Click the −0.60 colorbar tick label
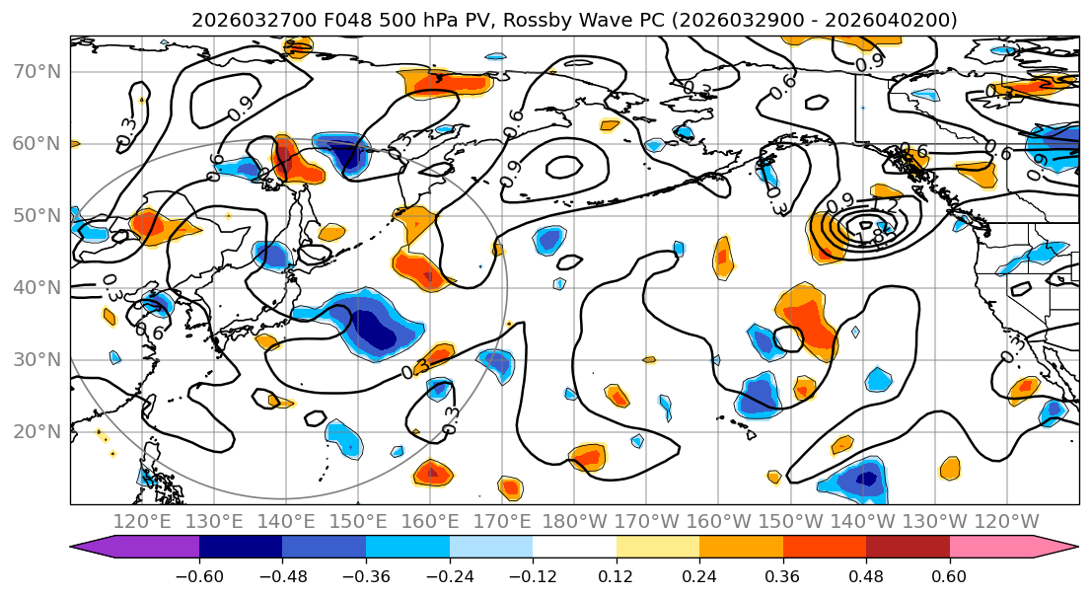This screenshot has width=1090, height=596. [x=199, y=576]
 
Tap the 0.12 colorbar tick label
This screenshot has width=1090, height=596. [x=617, y=576]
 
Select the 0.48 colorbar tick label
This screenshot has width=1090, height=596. [x=866, y=576]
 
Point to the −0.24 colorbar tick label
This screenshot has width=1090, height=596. [x=450, y=576]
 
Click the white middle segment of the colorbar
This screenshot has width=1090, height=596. [x=574, y=548]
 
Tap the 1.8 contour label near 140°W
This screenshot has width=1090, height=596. [x=870, y=237]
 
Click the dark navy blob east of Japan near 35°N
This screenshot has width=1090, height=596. [x=375, y=330]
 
